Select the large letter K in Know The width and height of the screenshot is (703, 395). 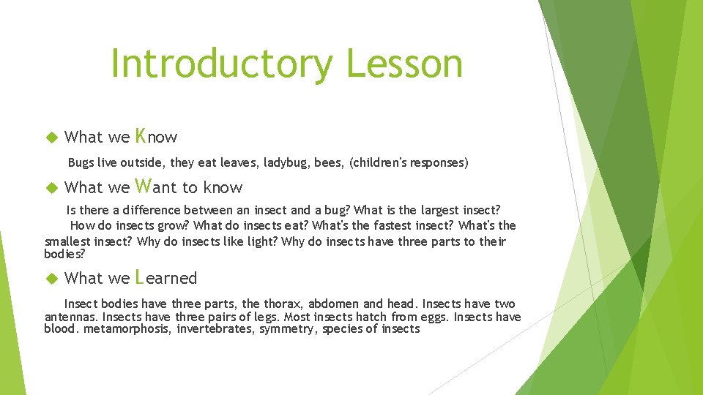(141, 135)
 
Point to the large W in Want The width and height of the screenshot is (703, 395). (144, 186)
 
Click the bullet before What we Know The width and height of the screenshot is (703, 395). (51, 138)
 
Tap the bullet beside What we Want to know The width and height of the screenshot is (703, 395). (51, 188)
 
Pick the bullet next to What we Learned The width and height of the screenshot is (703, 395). (51, 279)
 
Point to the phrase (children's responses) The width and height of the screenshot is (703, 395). (409, 162)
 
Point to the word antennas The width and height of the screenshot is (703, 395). (71, 317)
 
